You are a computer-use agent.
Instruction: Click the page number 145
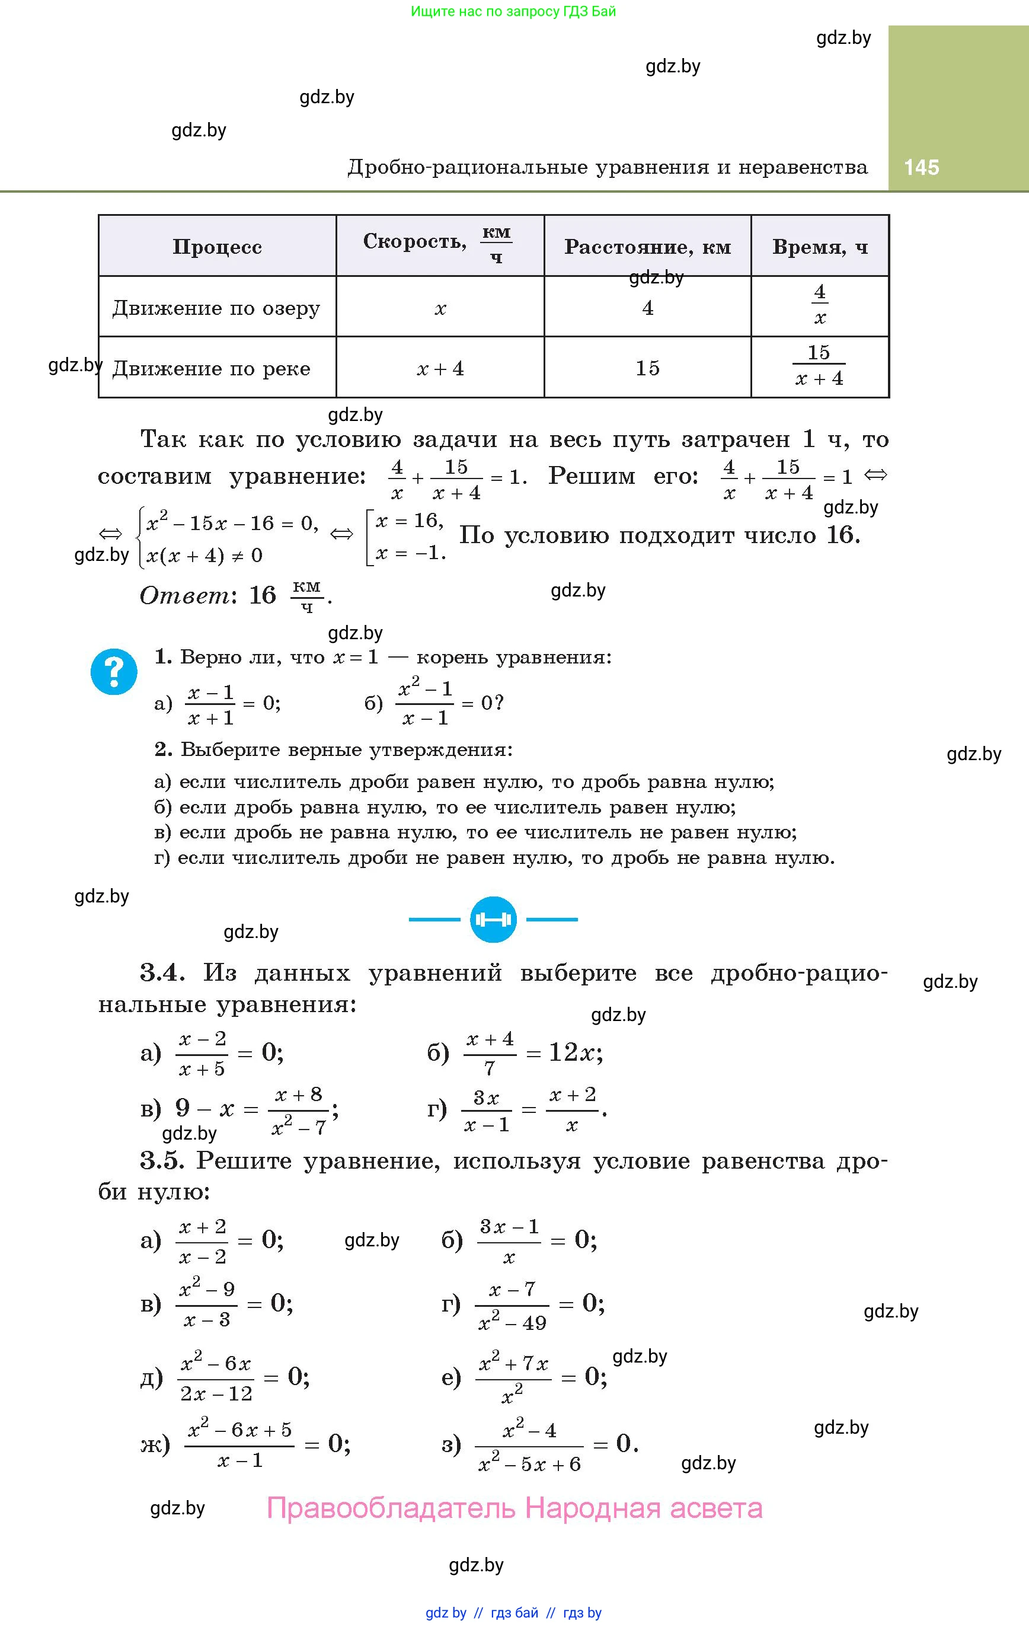[921, 168]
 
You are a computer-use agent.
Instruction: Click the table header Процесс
[217, 247]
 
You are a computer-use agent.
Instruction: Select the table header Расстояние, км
[647, 247]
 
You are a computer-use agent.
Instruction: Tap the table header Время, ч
[820, 247]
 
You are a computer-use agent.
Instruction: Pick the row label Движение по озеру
[216, 308]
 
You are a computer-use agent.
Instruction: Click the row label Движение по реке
[212, 369]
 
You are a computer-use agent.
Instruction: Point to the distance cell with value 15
[647, 368]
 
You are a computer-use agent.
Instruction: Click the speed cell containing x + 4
[440, 369]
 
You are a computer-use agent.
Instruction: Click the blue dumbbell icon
[493, 920]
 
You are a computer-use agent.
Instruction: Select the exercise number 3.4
[162, 973]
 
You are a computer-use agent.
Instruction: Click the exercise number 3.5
[162, 1161]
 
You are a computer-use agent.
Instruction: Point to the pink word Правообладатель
[391, 1508]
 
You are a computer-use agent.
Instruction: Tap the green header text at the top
[513, 11]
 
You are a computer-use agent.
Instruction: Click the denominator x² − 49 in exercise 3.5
[512, 1322]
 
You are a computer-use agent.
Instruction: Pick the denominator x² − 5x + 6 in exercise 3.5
[529, 1463]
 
